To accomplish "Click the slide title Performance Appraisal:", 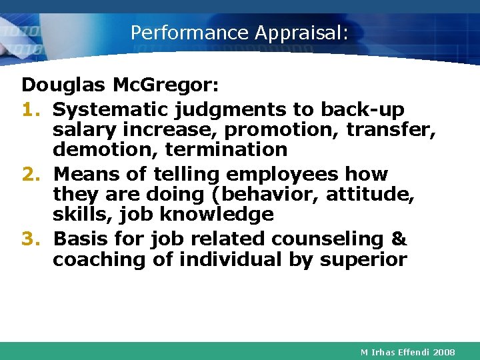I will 239,33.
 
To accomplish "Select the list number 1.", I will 31,109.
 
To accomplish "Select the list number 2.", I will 32,174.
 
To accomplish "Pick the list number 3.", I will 31,239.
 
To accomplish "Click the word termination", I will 227,149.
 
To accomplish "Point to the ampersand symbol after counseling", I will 398,239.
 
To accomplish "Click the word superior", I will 363,259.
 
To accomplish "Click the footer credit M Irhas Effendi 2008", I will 407,351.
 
